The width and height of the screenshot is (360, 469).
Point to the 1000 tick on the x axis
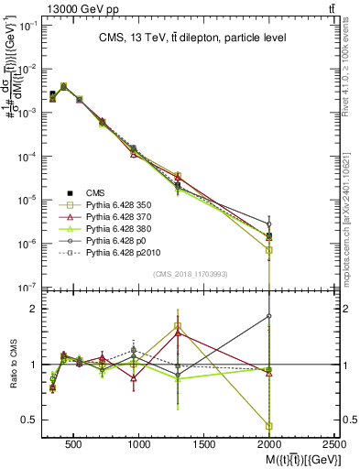click(x=139, y=443)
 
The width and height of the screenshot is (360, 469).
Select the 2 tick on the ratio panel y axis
click(x=35, y=309)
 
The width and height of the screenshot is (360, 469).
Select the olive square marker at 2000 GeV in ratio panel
click(x=269, y=426)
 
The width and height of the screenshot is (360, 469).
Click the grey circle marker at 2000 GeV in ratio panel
click(x=269, y=316)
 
